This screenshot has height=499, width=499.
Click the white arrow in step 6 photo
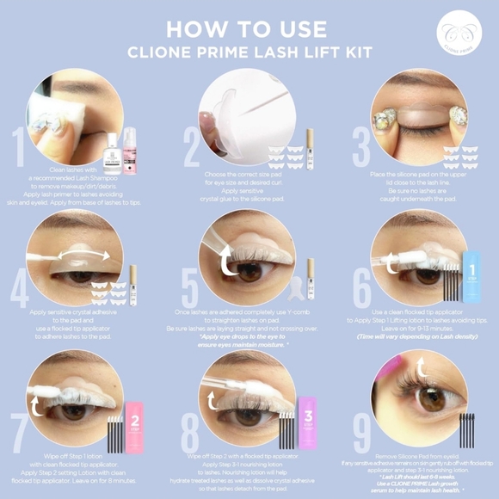click(392, 255)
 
